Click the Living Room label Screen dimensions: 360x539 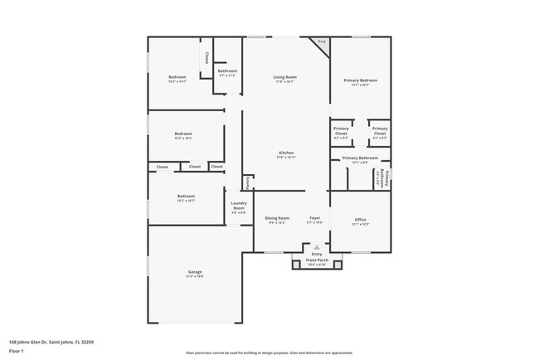pos(285,77)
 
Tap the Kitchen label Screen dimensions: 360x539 pos(286,153)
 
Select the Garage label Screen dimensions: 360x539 pos(195,271)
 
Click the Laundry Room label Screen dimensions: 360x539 pos(238,206)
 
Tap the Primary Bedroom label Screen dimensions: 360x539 pos(360,80)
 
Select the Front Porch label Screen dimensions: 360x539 pos(318,260)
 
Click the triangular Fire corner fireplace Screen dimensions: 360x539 pos(322,42)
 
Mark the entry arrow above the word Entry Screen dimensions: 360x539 pos(317,247)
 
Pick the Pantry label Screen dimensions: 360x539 pos(247,182)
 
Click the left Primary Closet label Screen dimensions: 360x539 pos(341,130)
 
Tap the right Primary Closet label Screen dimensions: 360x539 pos(379,130)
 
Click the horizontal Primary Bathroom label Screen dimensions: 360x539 pos(360,158)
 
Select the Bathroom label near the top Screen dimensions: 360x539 pos(227,71)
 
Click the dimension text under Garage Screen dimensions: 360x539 pos(195,276)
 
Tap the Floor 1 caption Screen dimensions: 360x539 pos(17,350)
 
